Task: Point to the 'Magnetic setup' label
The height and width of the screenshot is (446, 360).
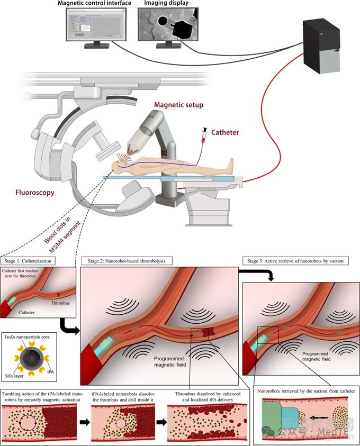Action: coord(178,104)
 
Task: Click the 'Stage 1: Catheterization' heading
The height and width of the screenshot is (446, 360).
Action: coord(32,261)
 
